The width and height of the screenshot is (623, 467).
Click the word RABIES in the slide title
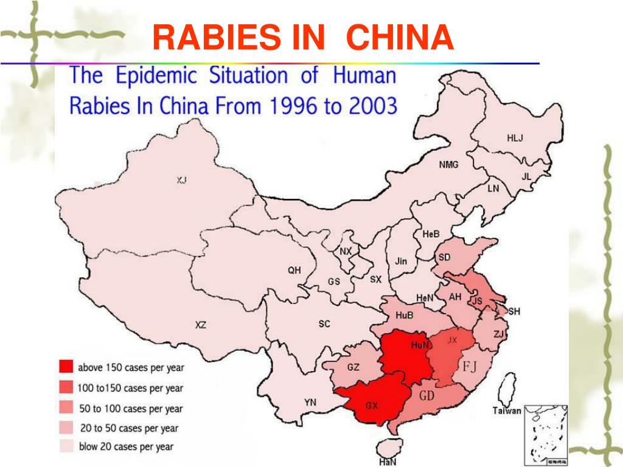point(215,38)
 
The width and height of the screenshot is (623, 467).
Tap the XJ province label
point(182,180)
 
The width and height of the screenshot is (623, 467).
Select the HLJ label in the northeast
point(515,138)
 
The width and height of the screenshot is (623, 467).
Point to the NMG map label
point(449,165)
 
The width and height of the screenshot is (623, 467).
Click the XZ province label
point(200,325)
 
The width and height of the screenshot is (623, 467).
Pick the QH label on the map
point(294,271)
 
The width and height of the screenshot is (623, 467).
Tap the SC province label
point(324,324)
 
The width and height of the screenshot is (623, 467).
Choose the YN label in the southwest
point(310,402)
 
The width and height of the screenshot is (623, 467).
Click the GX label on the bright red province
point(372,405)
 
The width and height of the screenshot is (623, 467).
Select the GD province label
point(427,395)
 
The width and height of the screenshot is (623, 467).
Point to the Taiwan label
point(507,410)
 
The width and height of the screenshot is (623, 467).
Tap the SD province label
point(444,257)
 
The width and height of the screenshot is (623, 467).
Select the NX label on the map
point(346,252)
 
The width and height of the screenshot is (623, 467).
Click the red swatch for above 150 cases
point(66,367)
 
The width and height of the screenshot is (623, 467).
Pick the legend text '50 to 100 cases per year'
point(130,409)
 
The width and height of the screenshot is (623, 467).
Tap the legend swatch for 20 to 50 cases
point(66,427)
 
